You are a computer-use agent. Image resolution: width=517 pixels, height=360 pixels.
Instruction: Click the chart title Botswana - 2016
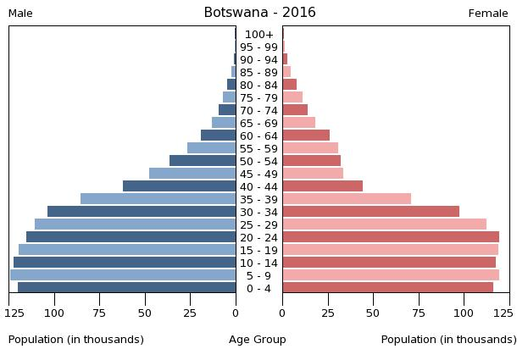(259, 13)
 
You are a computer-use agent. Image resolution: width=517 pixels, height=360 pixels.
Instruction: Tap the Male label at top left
(20, 14)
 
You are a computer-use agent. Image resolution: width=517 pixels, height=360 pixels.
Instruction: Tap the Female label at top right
(488, 14)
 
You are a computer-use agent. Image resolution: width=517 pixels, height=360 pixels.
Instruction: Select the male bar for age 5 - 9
(123, 275)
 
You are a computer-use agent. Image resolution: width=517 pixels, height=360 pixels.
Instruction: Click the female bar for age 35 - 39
(347, 199)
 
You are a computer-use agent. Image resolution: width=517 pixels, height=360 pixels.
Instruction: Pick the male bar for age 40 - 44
(179, 186)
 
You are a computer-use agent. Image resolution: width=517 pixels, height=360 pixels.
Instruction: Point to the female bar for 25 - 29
(384, 224)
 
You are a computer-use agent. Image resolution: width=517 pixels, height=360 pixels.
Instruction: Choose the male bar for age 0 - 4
(126, 288)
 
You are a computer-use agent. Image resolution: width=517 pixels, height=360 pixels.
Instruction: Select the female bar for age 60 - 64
(306, 136)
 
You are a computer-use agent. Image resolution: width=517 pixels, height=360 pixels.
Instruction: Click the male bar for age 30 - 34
(142, 212)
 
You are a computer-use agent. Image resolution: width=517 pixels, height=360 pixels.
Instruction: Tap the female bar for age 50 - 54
(311, 161)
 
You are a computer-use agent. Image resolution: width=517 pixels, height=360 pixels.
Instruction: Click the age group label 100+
(258, 35)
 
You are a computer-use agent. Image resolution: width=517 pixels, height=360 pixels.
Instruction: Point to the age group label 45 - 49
(258, 174)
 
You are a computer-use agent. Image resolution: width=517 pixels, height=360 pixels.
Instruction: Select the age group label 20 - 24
(258, 238)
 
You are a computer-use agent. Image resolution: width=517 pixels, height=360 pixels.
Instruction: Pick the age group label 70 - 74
(258, 111)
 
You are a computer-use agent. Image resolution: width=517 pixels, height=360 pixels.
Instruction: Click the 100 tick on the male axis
(54, 313)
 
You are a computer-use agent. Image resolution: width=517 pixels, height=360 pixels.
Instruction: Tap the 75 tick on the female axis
(418, 313)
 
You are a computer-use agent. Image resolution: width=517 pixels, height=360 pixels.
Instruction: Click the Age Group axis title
(258, 340)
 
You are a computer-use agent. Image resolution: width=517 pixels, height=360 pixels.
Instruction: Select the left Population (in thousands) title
(76, 340)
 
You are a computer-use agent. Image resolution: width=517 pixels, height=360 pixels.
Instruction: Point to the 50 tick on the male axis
(145, 313)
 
